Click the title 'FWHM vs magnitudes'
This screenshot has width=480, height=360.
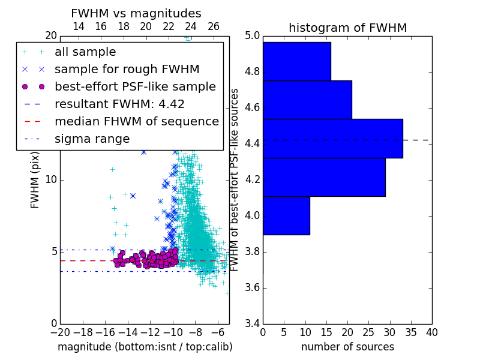click(x=136, y=13)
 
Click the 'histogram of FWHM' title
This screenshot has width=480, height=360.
click(x=348, y=28)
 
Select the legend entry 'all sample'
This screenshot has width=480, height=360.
click(x=85, y=52)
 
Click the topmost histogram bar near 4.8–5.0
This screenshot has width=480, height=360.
click(x=297, y=61)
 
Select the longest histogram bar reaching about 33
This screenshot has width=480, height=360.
click(x=333, y=139)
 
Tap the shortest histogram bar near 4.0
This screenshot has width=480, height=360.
click(x=287, y=215)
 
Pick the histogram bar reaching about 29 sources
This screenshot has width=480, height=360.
click(x=324, y=177)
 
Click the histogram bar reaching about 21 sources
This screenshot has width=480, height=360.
click(x=307, y=100)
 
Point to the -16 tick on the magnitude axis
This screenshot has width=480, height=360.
click(x=106, y=332)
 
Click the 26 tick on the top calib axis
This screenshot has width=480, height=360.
click(x=213, y=26)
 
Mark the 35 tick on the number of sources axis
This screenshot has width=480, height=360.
click(x=411, y=332)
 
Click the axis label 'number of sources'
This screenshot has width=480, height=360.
click(x=348, y=347)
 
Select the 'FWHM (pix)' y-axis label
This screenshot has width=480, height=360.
click(x=35, y=180)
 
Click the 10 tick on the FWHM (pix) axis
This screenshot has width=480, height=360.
click(x=51, y=179)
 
